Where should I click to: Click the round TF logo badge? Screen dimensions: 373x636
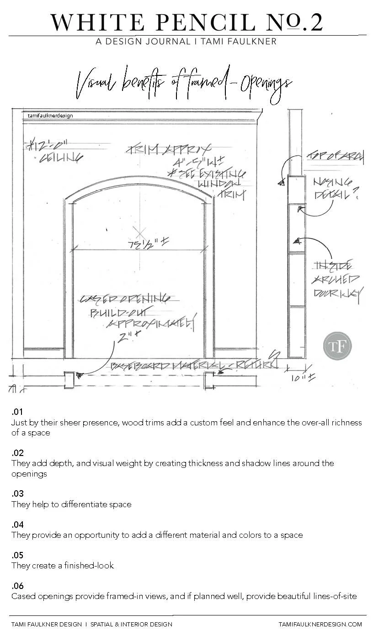click(x=337, y=345)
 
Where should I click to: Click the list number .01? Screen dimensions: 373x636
click(x=17, y=413)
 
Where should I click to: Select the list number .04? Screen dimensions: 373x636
click(x=17, y=525)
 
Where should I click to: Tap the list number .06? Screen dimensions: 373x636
click(x=17, y=586)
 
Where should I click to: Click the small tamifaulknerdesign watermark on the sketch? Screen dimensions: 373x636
click(x=50, y=116)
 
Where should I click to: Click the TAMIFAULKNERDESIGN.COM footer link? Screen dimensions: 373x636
click(x=320, y=624)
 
